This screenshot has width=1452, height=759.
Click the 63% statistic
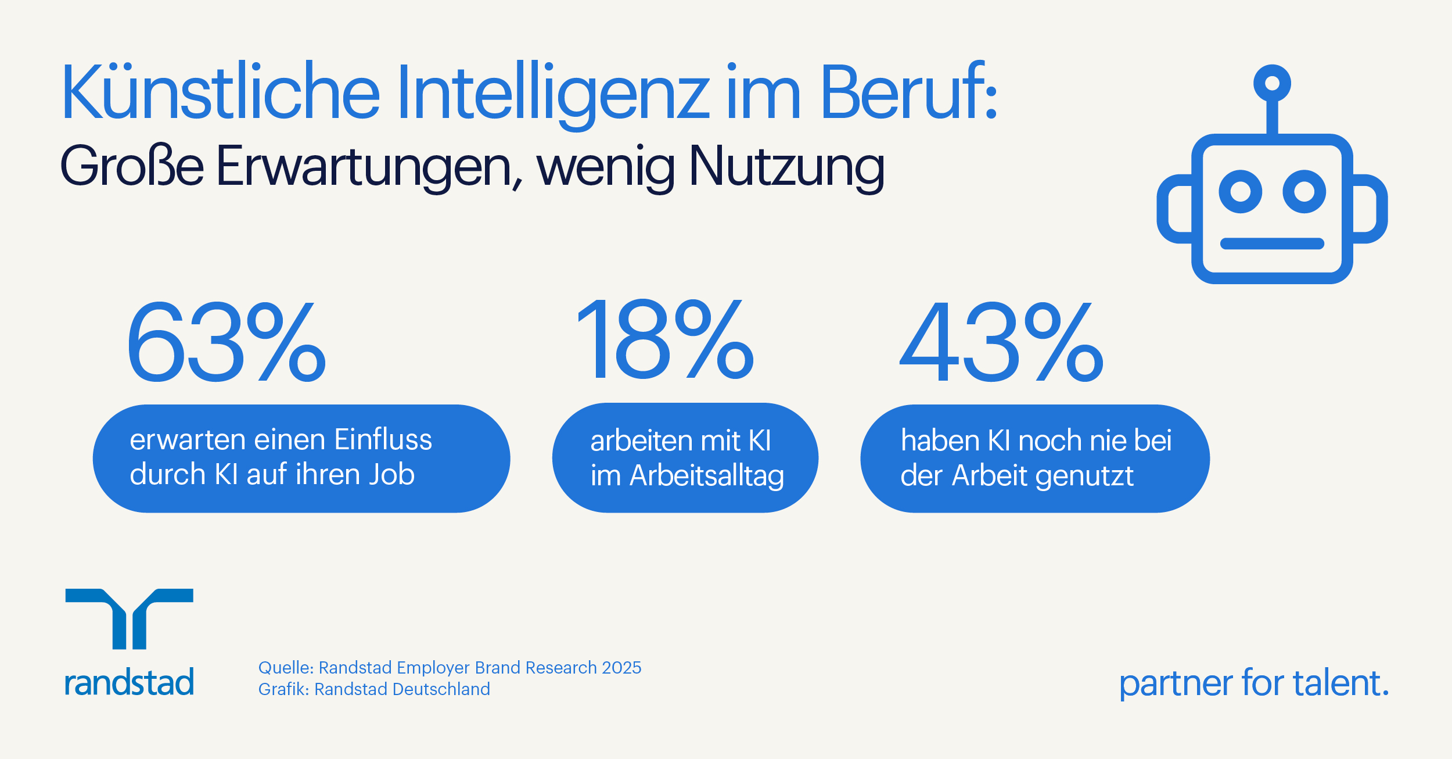pyautogui.click(x=227, y=343)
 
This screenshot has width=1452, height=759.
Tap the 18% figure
pyautogui.click(x=664, y=341)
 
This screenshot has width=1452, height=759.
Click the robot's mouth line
pyautogui.click(x=1272, y=244)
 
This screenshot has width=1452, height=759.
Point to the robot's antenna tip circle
pyautogui.click(x=1272, y=83)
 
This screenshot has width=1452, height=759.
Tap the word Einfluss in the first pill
pyautogui.click(x=383, y=439)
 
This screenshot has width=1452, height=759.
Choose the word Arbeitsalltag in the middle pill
pyautogui.click(x=707, y=476)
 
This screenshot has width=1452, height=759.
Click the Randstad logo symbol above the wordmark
pyautogui.click(x=129, y=618)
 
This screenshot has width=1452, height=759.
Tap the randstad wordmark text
pyautogui.click(x=129, y=682)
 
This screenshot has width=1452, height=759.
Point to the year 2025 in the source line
pyautogui.click(x=621, y=668)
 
